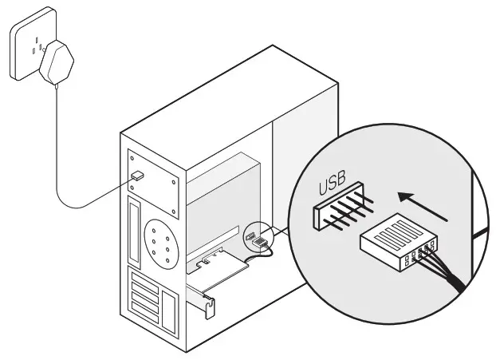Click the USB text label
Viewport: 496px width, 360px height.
333,187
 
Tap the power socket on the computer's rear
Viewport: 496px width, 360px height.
136,175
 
